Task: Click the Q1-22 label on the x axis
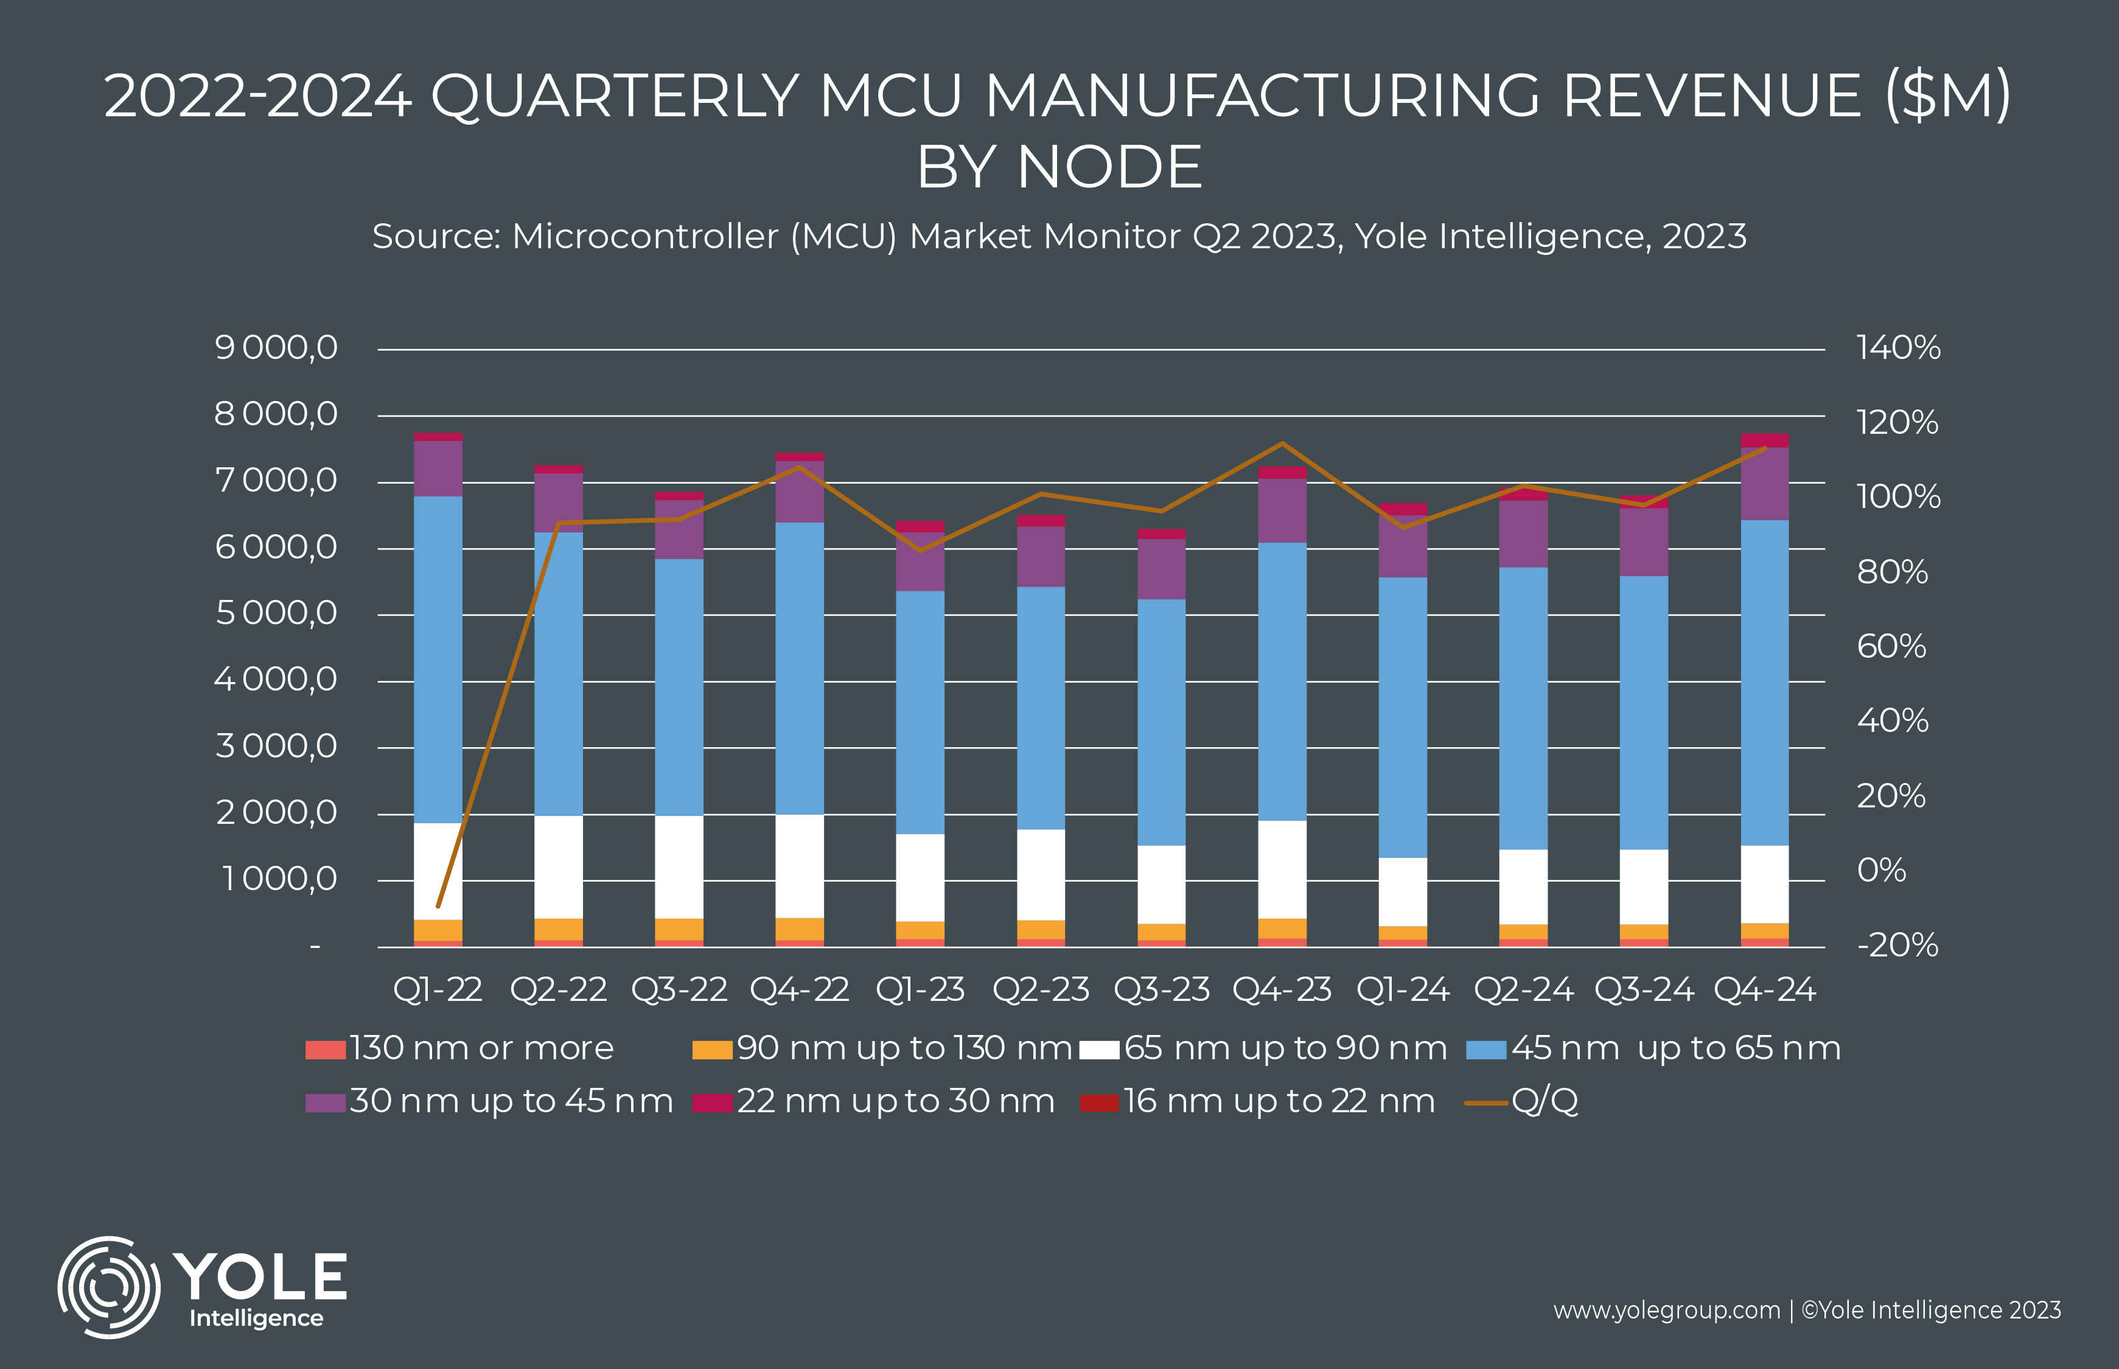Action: click(x=438, y=989)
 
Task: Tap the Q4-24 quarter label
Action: click(x=1764, y=989)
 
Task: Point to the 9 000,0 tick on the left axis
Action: click(x=276, y=347)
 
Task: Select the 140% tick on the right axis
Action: click(x=1897, y=347)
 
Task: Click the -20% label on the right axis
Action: click(x=1897, y=945)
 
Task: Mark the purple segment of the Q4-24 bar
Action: click(x=1764, y=484)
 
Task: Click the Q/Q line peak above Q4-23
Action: click(x=1282, y=444)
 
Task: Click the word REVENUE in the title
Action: click(x=1712, y=96)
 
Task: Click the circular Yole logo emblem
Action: click(x=108, y=1286)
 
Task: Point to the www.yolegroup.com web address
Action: click(x=1667, y=1311)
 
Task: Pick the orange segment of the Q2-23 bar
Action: click(x=1041, y=930)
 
